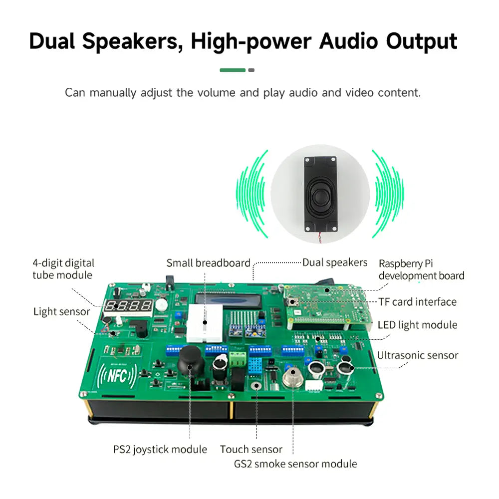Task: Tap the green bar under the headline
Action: pyautogui.click(x=233, y=70)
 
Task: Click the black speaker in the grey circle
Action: pyautogui.click(x=320, y=194)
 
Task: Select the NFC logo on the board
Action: pyautogui.click(x=117, y=376)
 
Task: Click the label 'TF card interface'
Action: pyautogui.click(x=418, y=302)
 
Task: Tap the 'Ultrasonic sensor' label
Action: pyautogui.click(x=418, y=355)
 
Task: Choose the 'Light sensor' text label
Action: pyautogui.click(x=62, y=312)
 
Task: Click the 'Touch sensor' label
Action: pyautogui.click(x=251, y=450)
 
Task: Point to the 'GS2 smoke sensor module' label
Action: pyautogui.click(x=295, y=464)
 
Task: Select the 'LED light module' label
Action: pyautogui.click(x=418, y=325)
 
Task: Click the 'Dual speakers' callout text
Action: pyautogui.click(x=335, y=262)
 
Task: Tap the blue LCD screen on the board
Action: pyautogui.click(x=229, y=301)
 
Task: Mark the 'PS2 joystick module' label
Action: pyautogui.click(x=160, y=450)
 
